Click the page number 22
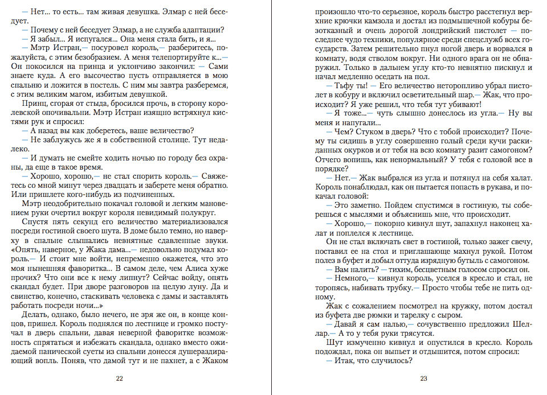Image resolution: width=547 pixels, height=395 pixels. pyautogui.click(x=119, y=378)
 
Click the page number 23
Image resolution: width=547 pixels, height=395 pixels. pyautogui.click(x=423, y=378)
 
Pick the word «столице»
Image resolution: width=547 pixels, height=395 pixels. pyautogui.click(x=180, y=139)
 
